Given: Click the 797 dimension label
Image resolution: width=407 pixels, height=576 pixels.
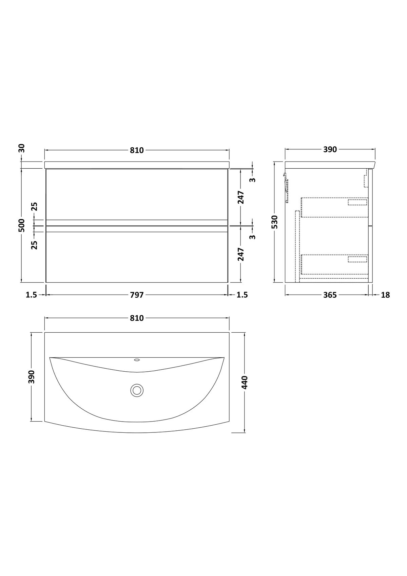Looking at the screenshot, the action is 137,295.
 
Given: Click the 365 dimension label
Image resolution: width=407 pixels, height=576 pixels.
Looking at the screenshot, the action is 330,295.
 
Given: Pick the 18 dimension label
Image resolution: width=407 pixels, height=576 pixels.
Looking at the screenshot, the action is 385,295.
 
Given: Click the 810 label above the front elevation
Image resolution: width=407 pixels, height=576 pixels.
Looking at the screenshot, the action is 137,150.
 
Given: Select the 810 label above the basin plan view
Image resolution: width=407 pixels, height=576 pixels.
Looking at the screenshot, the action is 137,318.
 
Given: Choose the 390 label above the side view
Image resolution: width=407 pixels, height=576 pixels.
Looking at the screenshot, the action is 330,149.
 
